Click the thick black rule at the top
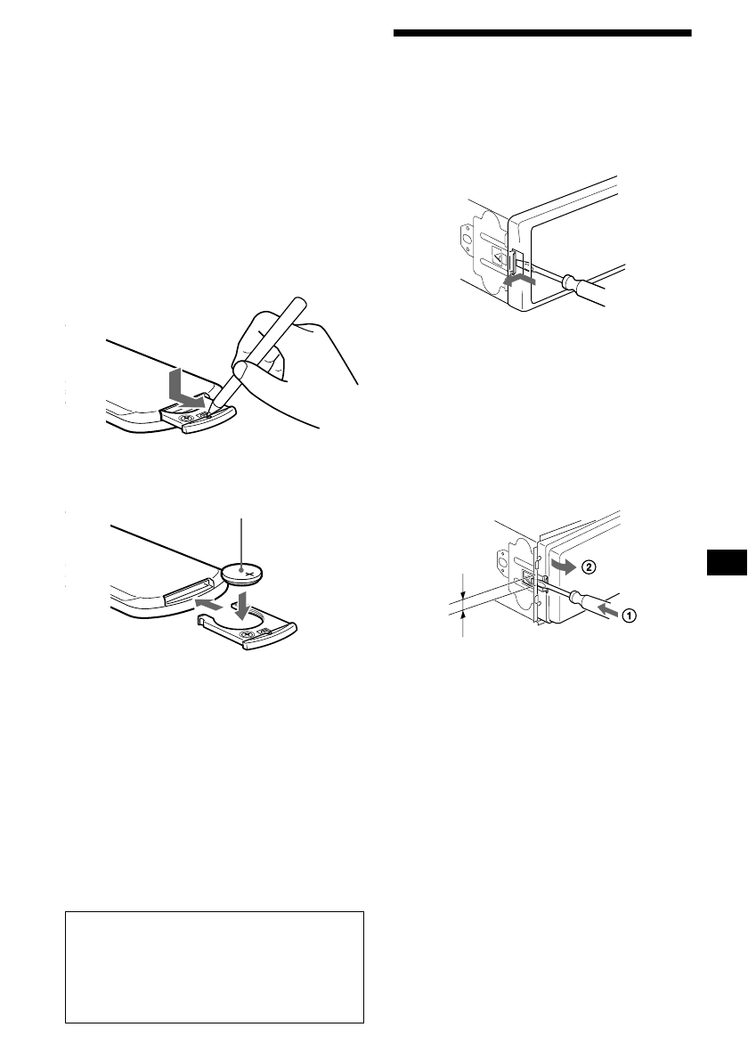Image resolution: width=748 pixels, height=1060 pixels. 541,34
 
